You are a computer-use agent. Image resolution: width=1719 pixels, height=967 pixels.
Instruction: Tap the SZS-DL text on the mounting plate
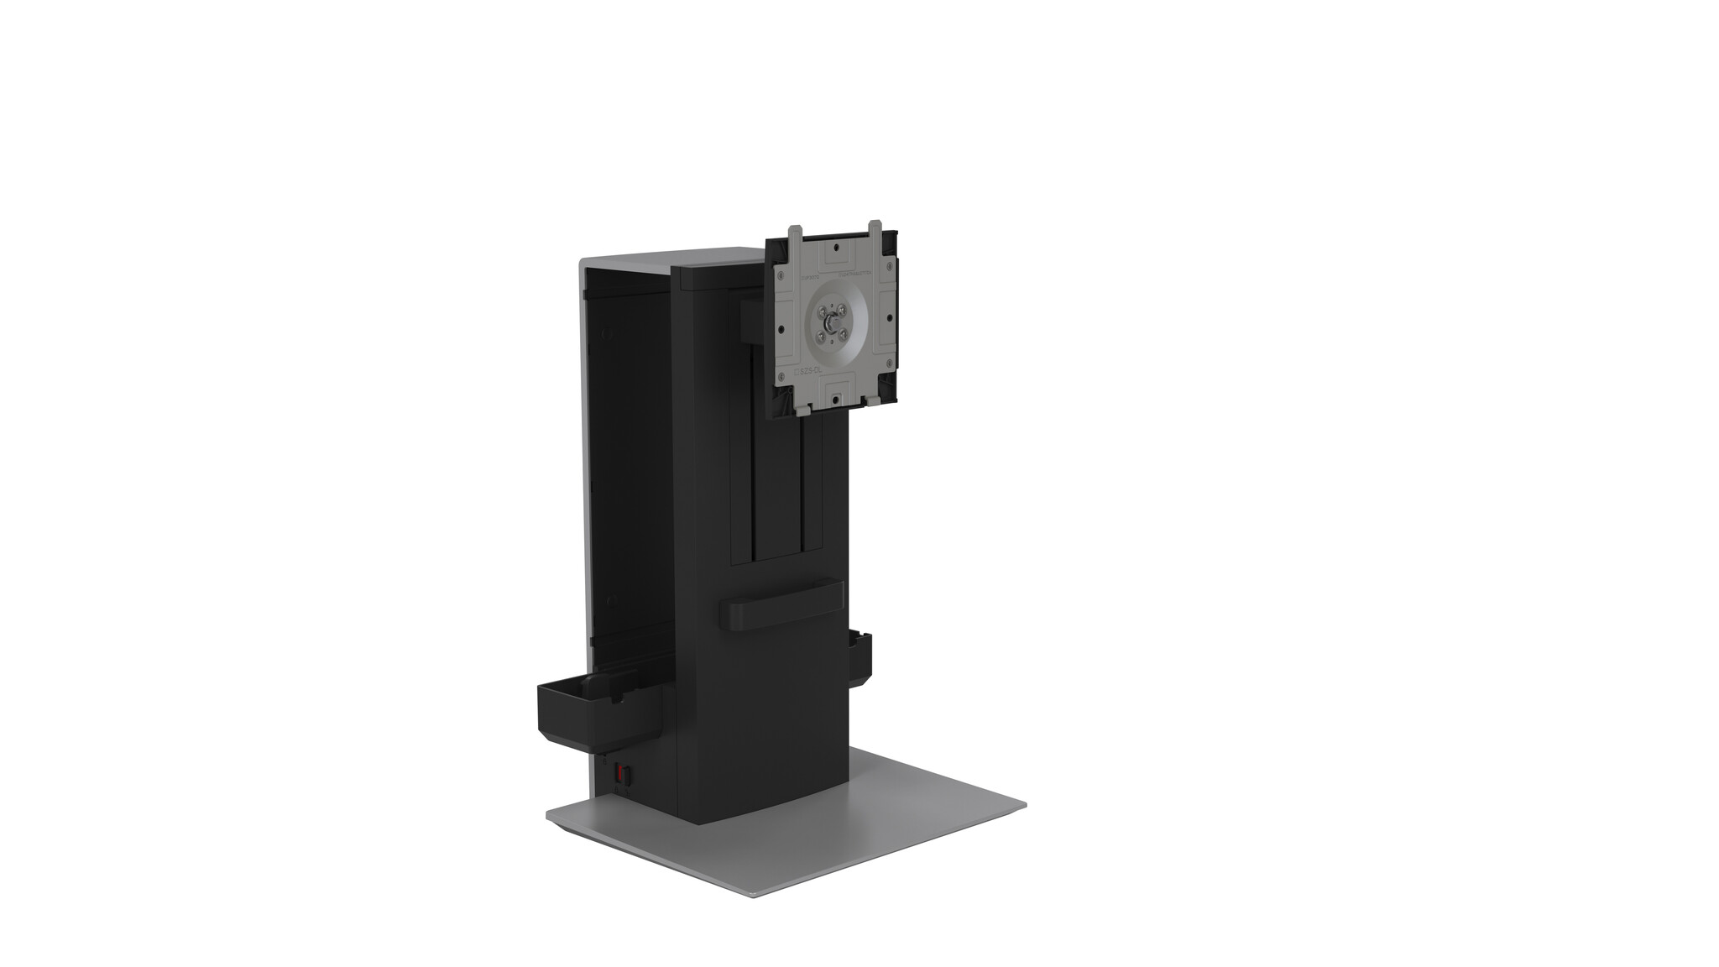(810, 371)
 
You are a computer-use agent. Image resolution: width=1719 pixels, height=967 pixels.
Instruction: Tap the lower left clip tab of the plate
(802, 410)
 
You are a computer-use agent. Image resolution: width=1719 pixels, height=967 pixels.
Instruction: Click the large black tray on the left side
(588, 713)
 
